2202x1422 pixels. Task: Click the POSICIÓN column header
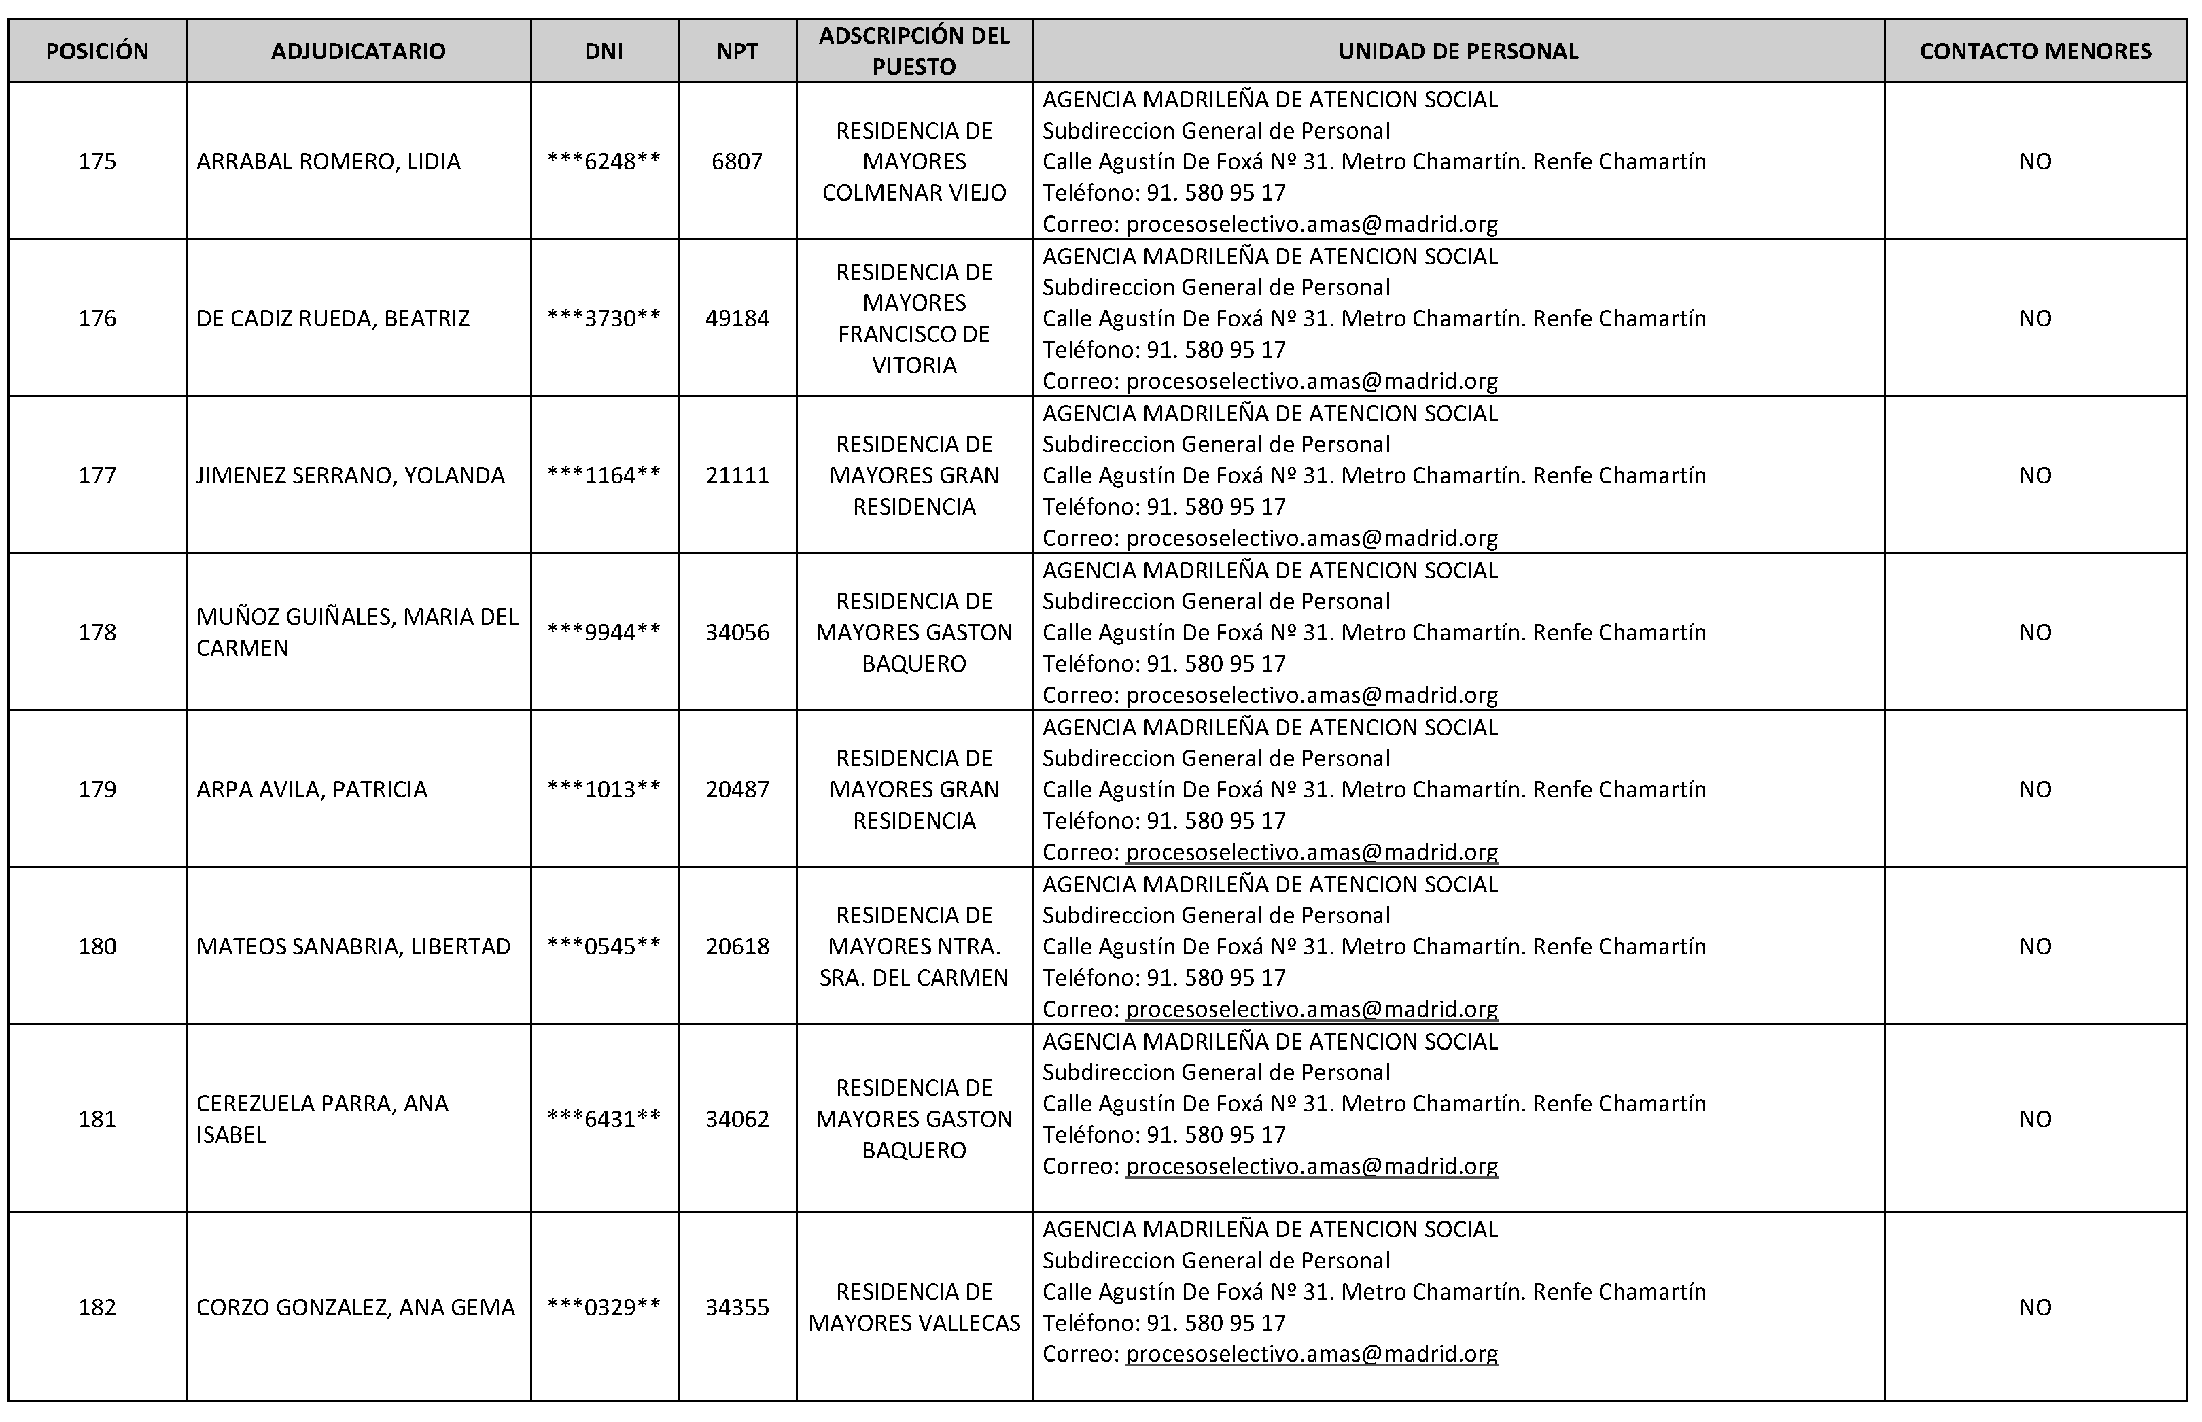click(97, 51)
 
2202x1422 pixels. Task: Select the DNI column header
click(604, 51)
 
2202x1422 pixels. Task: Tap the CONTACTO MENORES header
click(2035, 51)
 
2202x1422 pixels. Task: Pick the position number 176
click(97, 319)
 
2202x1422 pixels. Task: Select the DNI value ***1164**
click(604, 476)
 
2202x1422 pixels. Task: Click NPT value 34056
click(737, 633)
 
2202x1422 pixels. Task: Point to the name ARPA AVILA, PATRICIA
click(312, 789)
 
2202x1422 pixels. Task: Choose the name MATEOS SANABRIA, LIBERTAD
click(353, 946)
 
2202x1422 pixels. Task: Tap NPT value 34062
click(737, 1119)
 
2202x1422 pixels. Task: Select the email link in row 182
click(1311, 1353)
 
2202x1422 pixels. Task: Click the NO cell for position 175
click(2035, 162)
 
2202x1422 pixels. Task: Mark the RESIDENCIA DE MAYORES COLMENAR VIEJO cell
click(914, 162)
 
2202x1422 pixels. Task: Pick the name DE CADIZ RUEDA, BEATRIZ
click(333, 319)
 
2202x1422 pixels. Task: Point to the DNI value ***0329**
click(604, 1308)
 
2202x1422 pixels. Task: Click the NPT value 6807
click(737, 162)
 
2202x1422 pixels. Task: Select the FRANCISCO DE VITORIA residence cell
click(914, 319)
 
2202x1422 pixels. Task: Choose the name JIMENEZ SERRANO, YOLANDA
click(351, 476)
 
